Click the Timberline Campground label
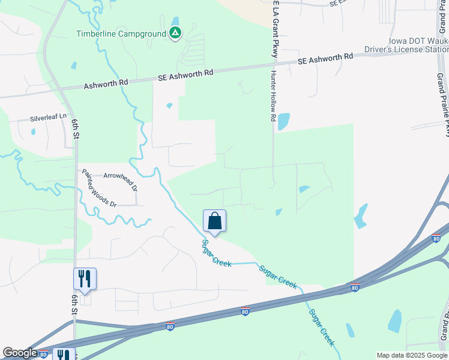[121, 34]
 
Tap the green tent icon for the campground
[175, 33]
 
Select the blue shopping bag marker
[214, 221]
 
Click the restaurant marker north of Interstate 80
[85, 279]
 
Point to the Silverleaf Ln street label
[50, 118]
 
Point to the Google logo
[20, 353]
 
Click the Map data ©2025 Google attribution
[412, 355]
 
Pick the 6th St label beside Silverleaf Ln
[76, 128]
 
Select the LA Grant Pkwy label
[276, 30]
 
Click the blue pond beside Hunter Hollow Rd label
[283, 121]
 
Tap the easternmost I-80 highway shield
[436, 239]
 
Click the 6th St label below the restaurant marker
[75, 305]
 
